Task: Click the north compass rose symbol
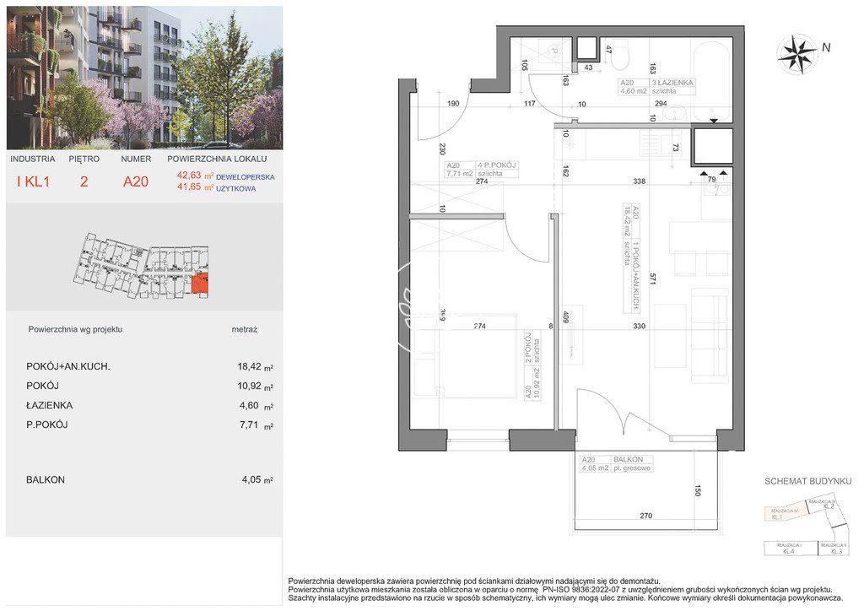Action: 797,54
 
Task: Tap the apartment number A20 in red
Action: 135,181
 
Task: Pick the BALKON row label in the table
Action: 46,479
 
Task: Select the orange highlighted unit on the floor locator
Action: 201,285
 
